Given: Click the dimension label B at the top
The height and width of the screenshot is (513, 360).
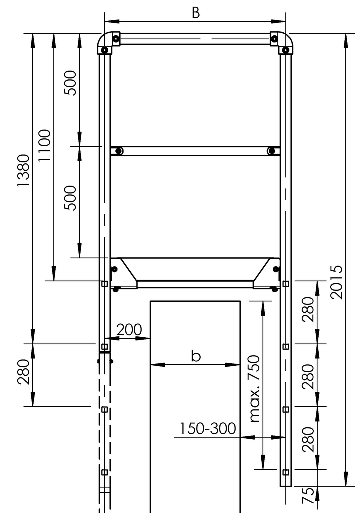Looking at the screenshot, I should pyautogui.click(x=196, y=13).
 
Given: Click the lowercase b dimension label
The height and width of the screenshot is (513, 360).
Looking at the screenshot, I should pyautogui.click(x=196, y=356).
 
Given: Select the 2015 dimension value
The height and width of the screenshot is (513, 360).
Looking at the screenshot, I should pyautogui.click(x=338, y=282).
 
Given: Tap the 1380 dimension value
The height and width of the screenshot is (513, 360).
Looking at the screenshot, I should pyautogui.click(x=23, y=170).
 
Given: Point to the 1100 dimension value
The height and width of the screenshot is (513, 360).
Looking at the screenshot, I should pyautogui.click(x=44, y=146).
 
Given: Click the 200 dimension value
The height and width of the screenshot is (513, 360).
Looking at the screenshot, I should pyautogui.click(x=129, y=330).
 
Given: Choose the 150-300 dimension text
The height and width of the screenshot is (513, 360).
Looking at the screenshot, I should pyautogui.click(x=207, y=429).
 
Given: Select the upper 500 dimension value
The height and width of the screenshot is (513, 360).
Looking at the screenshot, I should pyautogui.click(x=70, y=82).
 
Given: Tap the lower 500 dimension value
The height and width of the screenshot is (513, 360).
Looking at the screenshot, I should pyautogui.click(x=70, y=198).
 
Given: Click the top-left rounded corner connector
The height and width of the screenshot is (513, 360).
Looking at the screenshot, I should pyautogui.click(x=107, y=42).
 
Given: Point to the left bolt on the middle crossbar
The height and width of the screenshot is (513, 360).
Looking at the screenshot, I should pyautogui.click(x=119, y=151).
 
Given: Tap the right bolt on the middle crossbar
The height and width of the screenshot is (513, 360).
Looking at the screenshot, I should pyautogui.click(x=271, y=151).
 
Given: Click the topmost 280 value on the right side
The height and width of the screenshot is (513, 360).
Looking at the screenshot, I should pyautogui.click(x=308, y=309).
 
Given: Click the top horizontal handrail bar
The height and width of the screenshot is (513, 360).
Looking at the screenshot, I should pyautogui.click(x=195, y=39).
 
